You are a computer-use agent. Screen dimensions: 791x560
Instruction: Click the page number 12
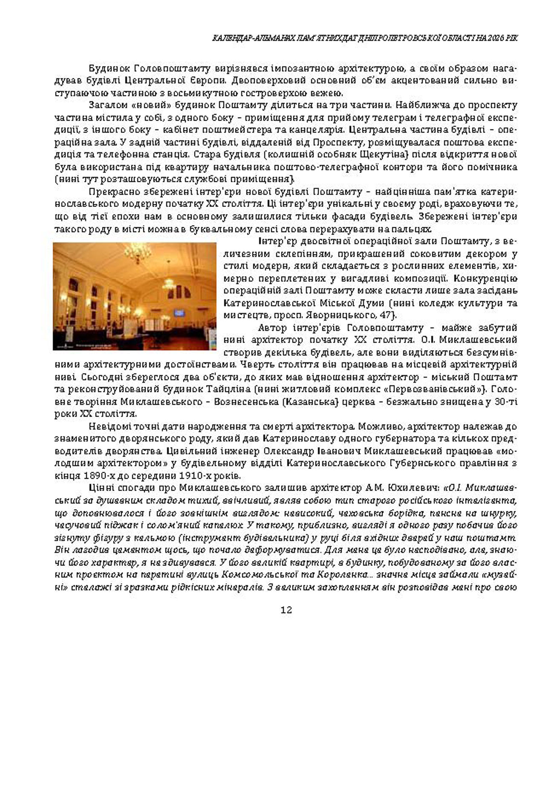point(286,610)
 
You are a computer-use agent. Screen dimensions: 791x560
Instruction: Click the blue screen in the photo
point(179,313)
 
